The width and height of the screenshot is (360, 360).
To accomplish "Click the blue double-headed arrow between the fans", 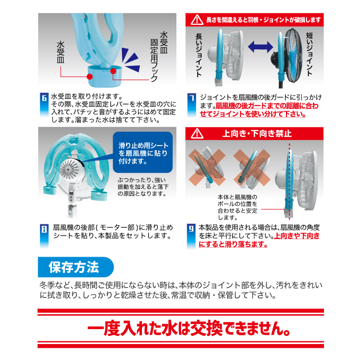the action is [260, 47].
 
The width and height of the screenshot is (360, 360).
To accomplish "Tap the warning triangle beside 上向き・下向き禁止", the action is [197, 134].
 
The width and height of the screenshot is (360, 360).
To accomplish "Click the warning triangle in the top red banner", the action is [197, 20].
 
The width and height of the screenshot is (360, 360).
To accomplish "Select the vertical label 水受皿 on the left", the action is [61, 52].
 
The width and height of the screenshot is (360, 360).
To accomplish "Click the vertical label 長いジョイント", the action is [199, 55].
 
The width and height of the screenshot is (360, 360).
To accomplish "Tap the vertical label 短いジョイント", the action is [310, 54].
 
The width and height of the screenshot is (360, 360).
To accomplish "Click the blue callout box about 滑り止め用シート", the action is [142, 152].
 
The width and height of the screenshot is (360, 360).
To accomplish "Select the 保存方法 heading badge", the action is [76, 267].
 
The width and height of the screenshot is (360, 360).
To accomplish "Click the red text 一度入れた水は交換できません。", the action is [189, 329].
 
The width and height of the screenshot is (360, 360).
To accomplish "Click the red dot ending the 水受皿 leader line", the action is [90, 77].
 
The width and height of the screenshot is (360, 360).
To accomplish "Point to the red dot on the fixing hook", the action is [113, 71].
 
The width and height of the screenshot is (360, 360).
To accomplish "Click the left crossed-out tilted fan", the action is [208, 167].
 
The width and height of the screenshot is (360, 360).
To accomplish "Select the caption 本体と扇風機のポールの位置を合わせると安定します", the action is [238, 207].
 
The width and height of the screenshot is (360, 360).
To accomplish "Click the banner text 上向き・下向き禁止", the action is [257, 133].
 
